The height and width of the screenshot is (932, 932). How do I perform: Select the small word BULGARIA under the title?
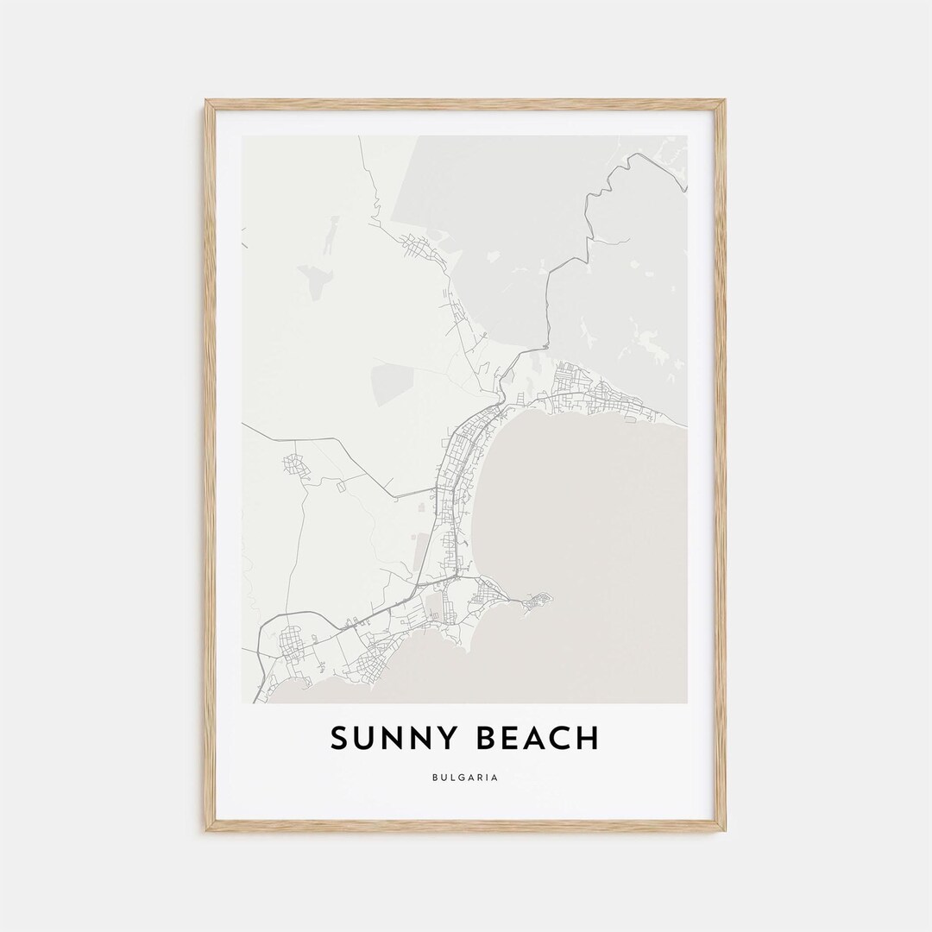pyautogui.click(x=466, y=777)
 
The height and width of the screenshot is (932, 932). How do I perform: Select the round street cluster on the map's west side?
pyautogui.click(x=296, y=466)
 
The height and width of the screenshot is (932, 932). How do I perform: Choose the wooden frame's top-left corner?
pyautogui.click(x=207, y=102)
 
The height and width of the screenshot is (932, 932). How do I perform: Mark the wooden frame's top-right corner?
pyautogui.click(x=724, y=102)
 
